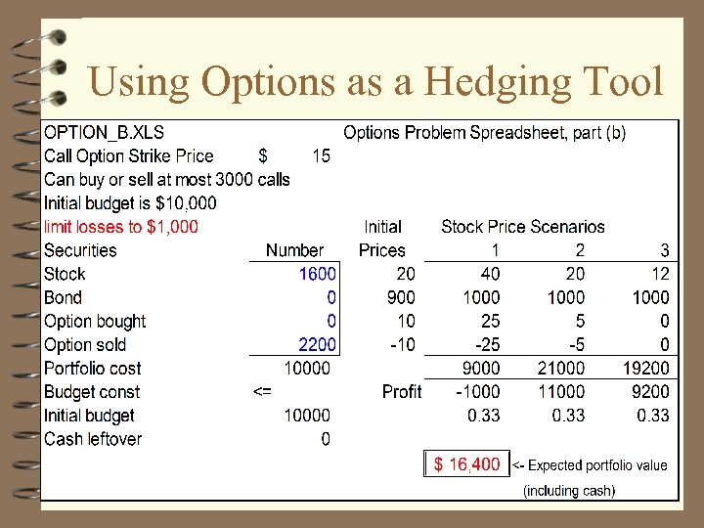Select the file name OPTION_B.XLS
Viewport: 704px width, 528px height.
point(105,132)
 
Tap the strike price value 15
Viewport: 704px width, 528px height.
point(321,155)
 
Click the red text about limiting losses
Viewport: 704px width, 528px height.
point(121,227)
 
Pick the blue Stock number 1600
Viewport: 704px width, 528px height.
point(317,274)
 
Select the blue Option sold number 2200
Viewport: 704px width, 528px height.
point(317,344)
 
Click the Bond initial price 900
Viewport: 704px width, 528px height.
point(400,297)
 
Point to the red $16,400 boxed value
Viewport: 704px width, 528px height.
point(466,464)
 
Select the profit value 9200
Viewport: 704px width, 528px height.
point(648,391)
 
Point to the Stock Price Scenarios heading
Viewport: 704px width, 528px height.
point(522,227)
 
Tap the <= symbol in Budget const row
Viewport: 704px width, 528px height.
point(262,391)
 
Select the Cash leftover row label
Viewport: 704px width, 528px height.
point(93,439)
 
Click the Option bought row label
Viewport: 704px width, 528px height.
point(95,321)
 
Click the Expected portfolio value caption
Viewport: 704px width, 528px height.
point(596,465)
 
